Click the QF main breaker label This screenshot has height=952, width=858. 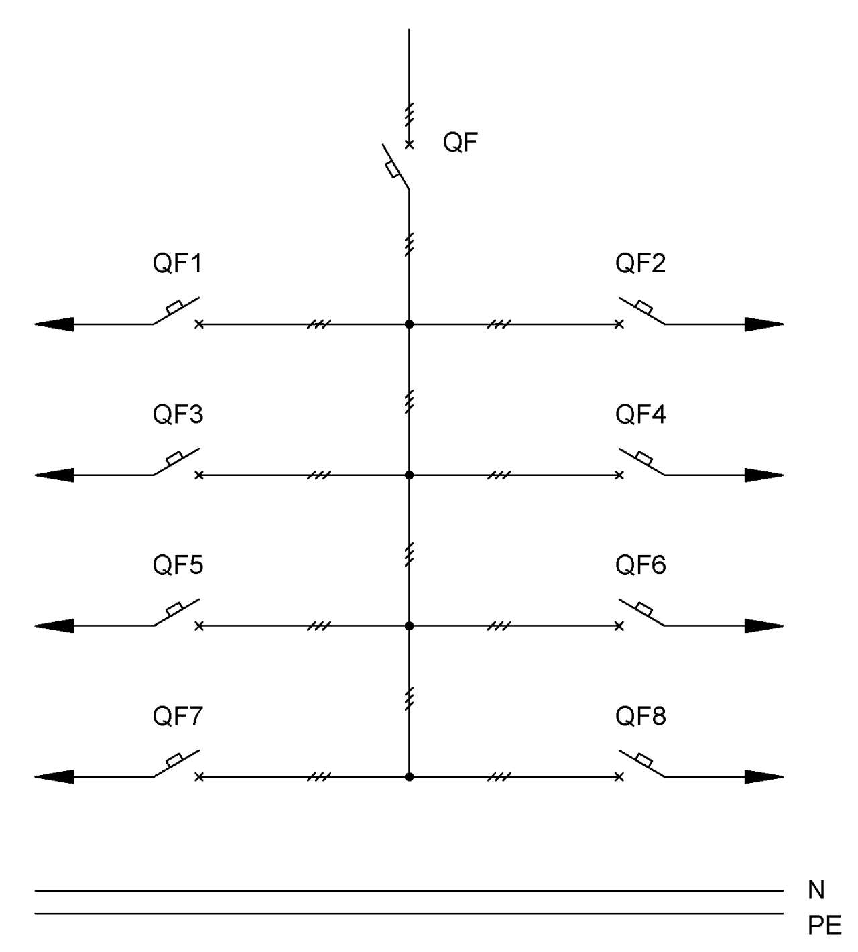(x=460, y=142)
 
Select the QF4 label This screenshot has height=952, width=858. (x=641, y=414)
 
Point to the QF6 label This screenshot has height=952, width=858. (x=641, y=564)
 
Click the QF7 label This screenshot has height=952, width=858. (x=178, y=715)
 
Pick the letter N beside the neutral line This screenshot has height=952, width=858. (x=816, y=890)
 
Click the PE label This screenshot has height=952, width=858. (x=824, y=925)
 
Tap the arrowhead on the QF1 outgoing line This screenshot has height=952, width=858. (x=54, y=324)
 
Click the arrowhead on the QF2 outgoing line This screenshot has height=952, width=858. (x=764, y=324)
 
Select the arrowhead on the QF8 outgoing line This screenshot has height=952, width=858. (x=764, y=777)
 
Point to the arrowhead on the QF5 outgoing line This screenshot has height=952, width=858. (x=54, y=626)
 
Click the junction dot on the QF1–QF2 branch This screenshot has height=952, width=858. (x=409, y=324)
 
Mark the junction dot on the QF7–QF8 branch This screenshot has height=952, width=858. (x=409, y=777)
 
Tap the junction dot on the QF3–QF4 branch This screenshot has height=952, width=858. (x=409, y=475)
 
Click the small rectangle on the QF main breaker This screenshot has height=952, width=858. (x=392, y=170)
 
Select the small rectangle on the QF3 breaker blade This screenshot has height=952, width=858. (x=174, y=458)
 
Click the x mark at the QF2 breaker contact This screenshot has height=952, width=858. (x=619, y=324)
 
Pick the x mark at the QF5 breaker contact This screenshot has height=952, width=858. (x=199, y=626)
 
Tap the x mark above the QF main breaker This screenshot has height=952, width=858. (x=409, y=145)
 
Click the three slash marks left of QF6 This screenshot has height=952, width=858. (x=499, y=626)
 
